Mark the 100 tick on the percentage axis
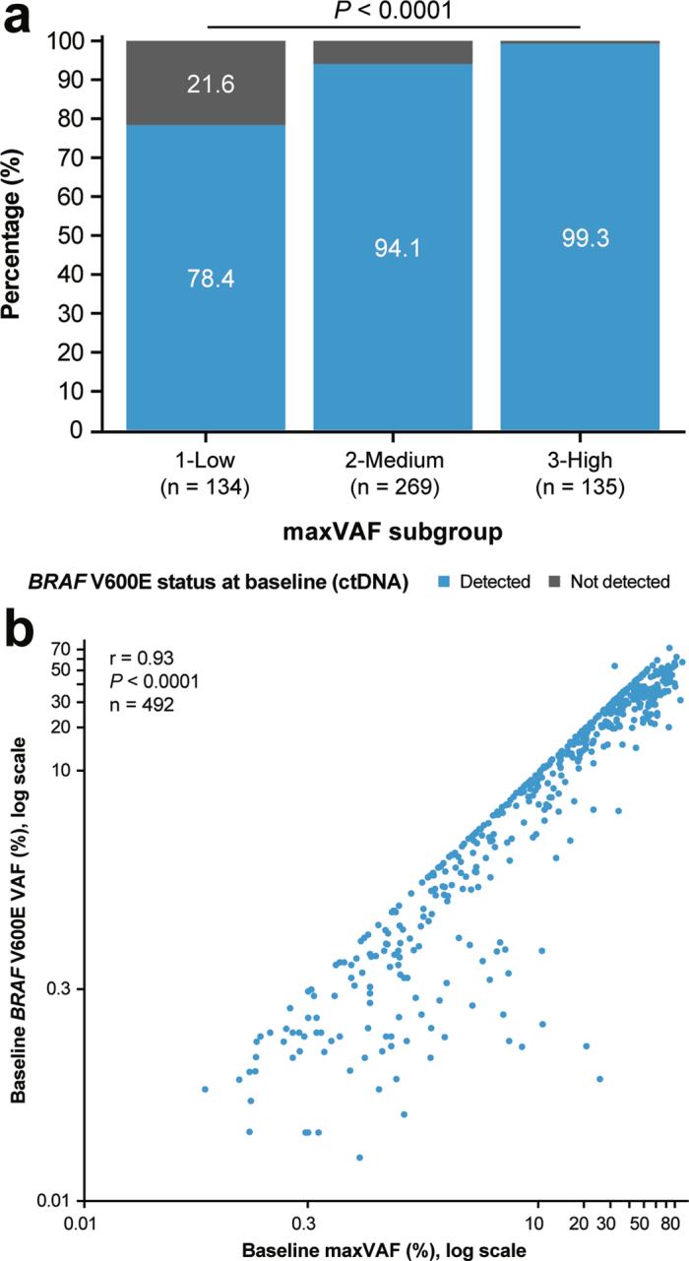click(61, 41)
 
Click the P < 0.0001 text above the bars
click(393, 11)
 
